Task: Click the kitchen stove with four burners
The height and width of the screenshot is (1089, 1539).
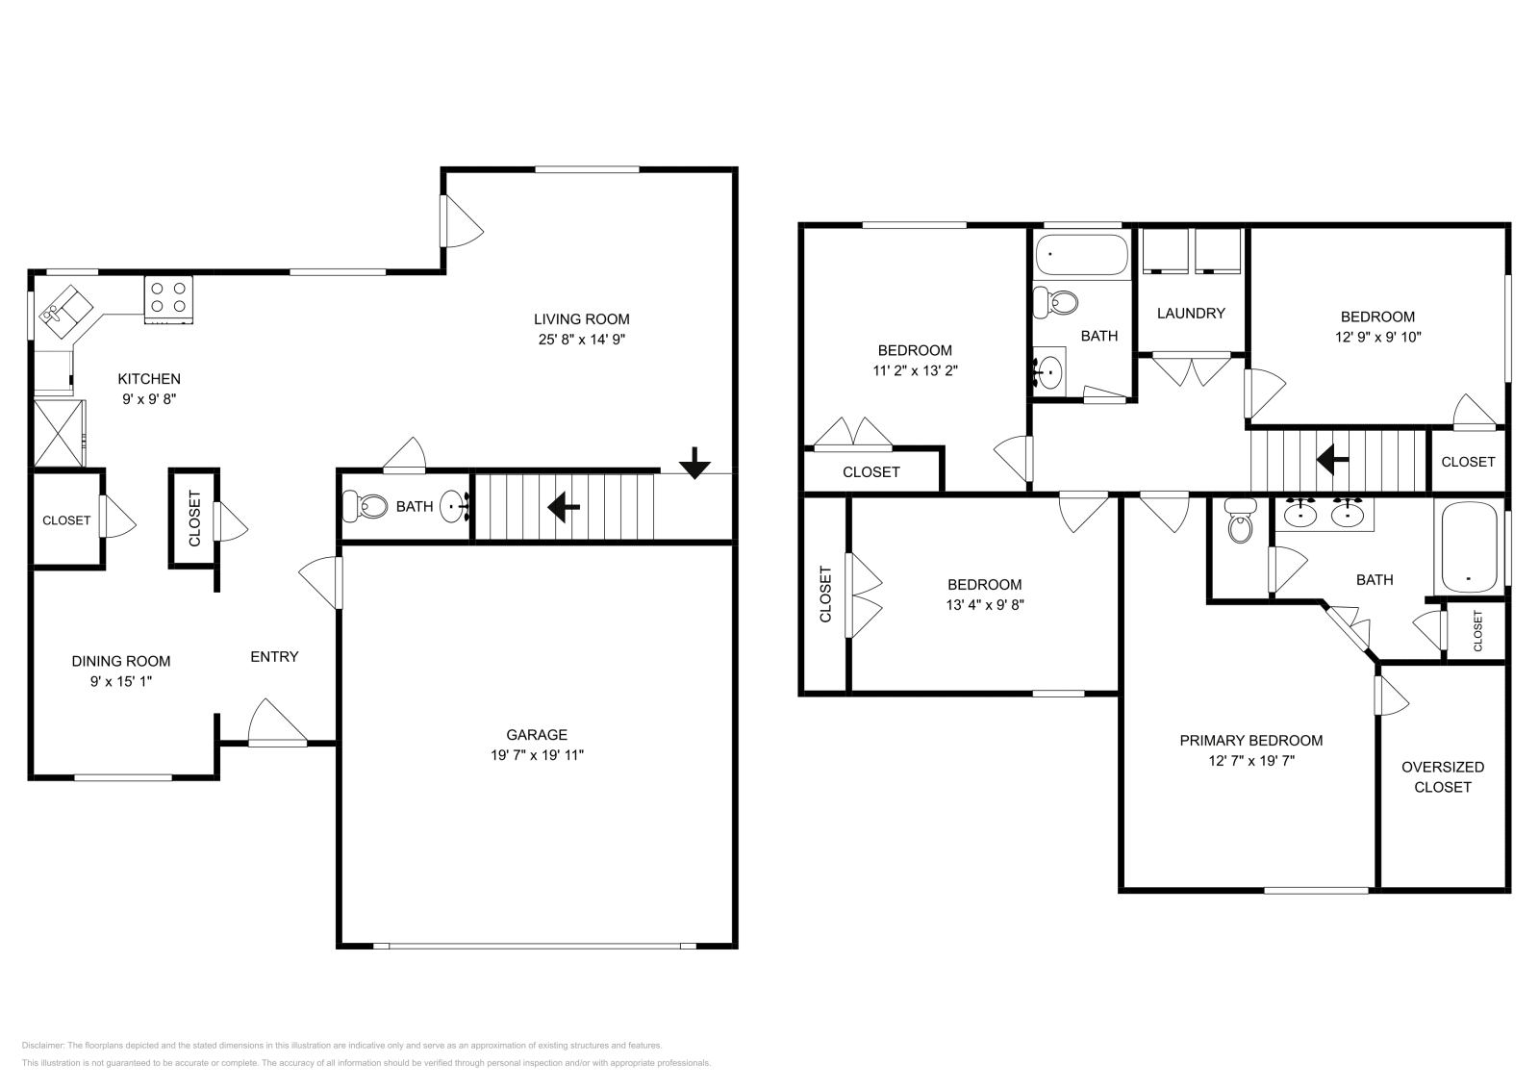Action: (168, 297)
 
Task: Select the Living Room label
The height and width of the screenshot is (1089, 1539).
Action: (581, 319)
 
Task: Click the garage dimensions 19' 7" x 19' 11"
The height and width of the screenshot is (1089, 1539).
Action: (537, 755)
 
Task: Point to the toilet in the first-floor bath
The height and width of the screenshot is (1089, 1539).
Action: (365, 505)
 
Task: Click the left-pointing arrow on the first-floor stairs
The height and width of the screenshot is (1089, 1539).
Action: (563, 506)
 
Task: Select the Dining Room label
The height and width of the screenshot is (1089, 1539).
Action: (121, 661)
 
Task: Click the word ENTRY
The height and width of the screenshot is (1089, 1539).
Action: (274, 657)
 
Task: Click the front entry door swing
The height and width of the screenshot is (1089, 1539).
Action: (273, 723)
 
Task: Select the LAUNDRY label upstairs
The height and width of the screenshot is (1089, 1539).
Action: (1191, 313)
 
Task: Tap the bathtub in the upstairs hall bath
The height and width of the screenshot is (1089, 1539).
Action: (1080, 255)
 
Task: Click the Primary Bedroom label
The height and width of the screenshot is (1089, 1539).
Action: (1250, 740)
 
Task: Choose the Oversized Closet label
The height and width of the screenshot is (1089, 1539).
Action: (1442, 776)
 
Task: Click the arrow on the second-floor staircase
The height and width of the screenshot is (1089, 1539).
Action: (1331, 460)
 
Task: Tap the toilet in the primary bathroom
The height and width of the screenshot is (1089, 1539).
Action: (1240, 524)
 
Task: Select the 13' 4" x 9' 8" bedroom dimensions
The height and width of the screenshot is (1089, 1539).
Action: (984, 605)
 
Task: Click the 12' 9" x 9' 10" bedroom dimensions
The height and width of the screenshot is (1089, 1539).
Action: (1377, 337)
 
